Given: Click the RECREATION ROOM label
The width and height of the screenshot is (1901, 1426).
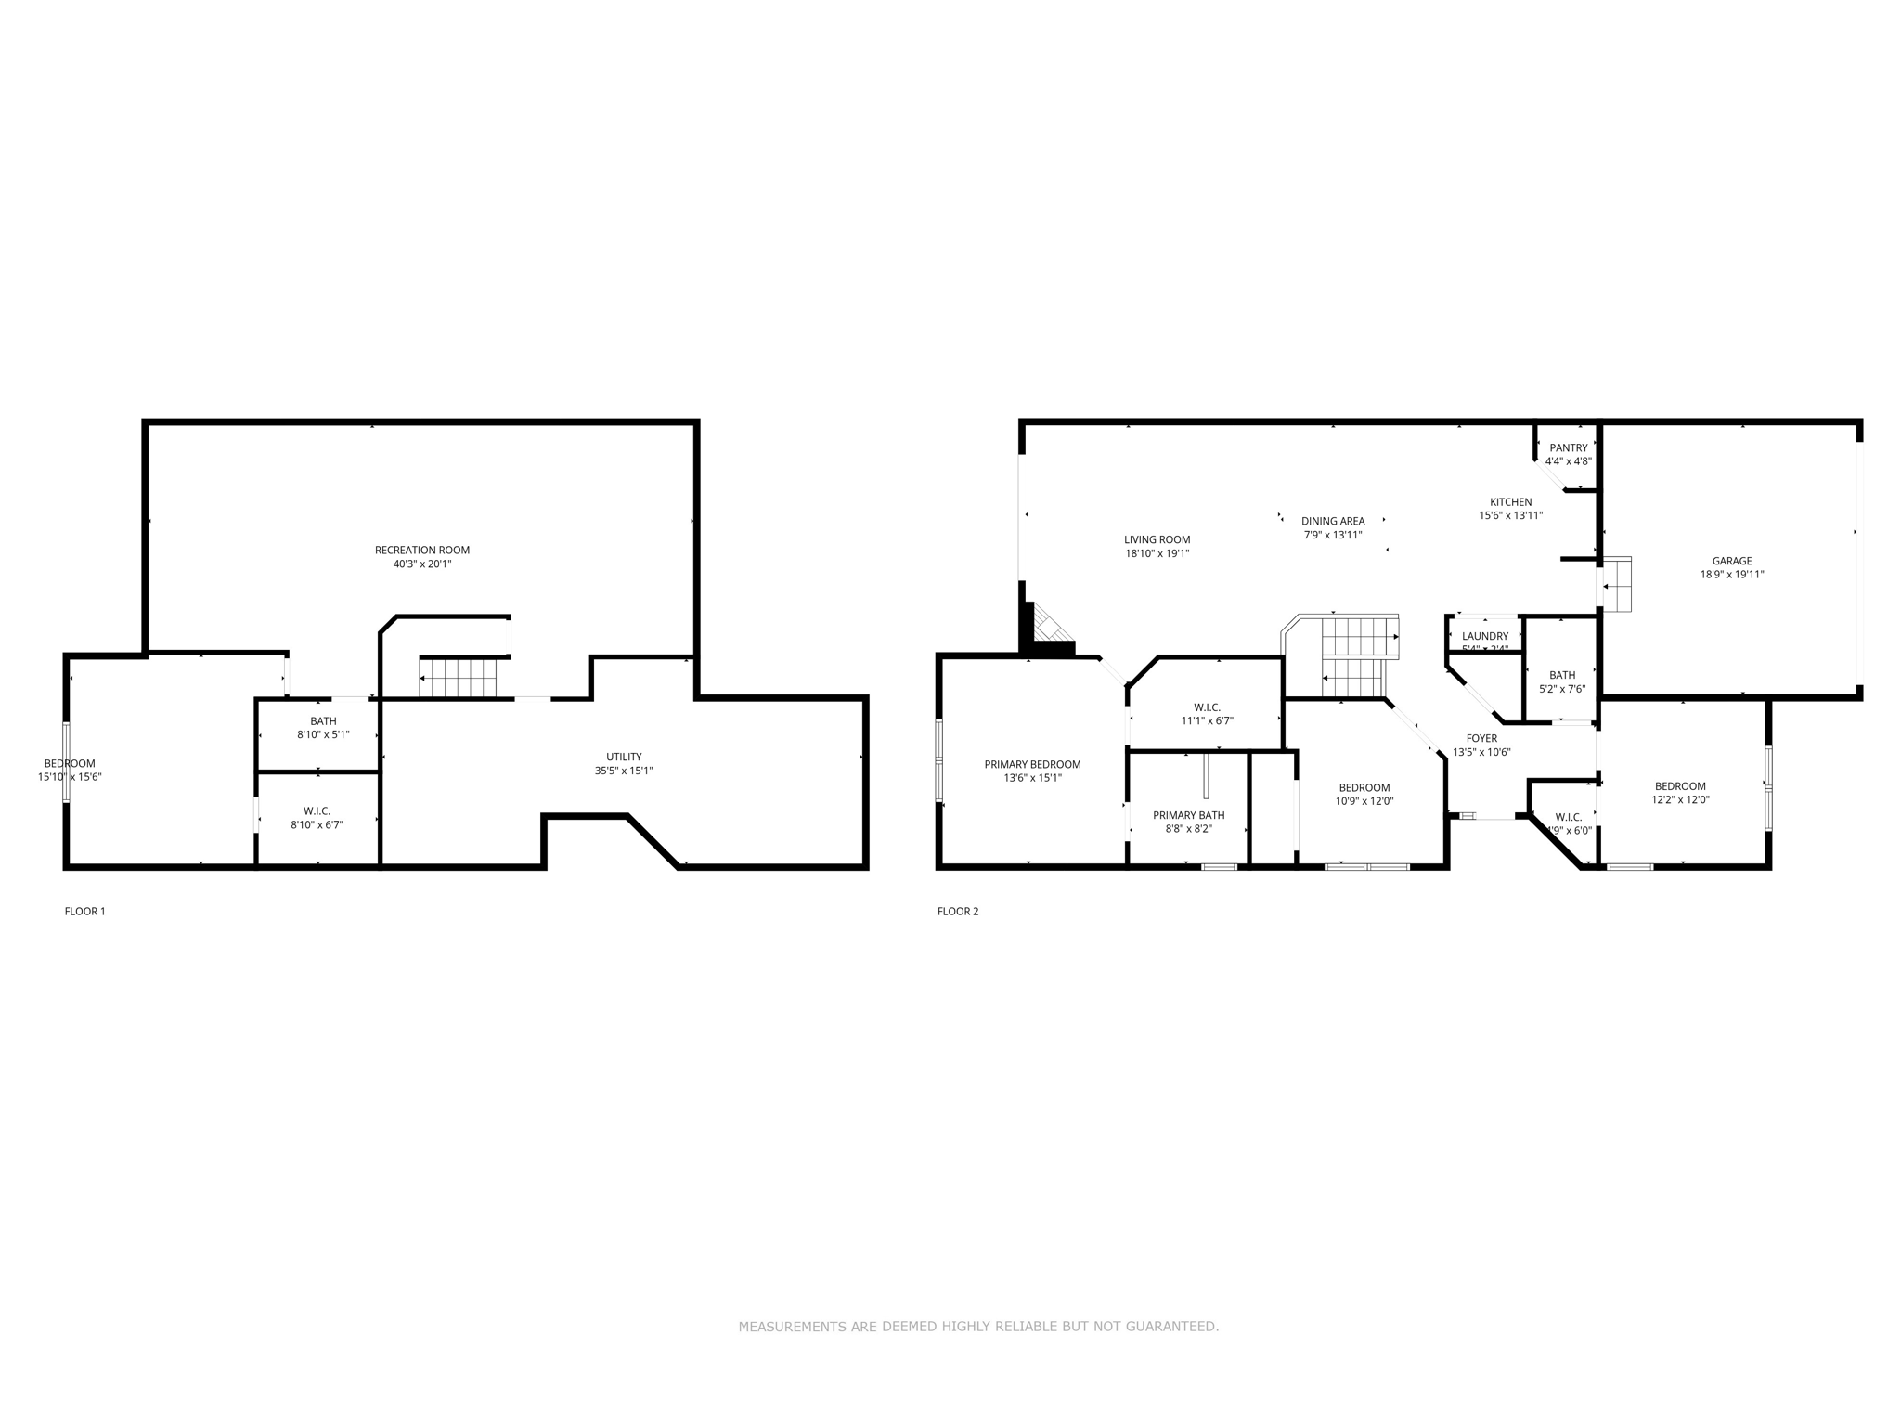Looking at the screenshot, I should pyautogui.click(x=421, y=550).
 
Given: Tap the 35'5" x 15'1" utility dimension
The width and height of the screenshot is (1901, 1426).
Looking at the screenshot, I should pyautogui.click(x=624, y=771).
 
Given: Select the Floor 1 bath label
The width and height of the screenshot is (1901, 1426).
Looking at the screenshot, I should pyautogui.click(x=323, y=721).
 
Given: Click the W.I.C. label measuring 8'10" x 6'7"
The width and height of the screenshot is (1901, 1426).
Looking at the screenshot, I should pyautogui.click(x=317, y=811).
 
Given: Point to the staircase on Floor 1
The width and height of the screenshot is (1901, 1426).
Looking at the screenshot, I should pyautogui.click(x=459, y=678).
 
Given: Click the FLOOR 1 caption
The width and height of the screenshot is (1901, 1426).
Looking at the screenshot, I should pyautogui.click(x=84, y=911).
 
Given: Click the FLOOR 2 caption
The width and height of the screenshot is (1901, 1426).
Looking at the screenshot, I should pyautogui.click(x=958, y=911).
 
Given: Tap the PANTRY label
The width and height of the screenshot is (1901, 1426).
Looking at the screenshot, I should pyautogui.click(x=1568, y=447).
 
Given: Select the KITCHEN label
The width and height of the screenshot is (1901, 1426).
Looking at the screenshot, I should pyautogui.click(x=1510, y=502).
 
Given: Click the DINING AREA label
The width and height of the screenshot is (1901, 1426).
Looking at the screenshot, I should pyautogui.click(x=1332, y=521).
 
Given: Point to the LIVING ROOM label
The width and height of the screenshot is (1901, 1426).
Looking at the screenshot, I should pyautogui.click(x=1157, y=539).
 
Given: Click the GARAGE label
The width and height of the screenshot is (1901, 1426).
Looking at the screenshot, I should pyautogui.click(x=1731, y=561).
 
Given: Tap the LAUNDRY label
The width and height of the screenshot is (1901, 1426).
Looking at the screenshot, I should pyautogui.click(x=1484, y=636).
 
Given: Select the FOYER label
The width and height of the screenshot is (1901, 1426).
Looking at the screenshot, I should pyautogui.click(x=1481, y=739).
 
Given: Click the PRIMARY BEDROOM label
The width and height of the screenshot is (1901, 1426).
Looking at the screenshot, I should pyautogui.click(x=1032, y=765).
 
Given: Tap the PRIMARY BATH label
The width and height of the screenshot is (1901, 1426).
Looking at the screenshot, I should pyautogui.click(x=1188, y=815).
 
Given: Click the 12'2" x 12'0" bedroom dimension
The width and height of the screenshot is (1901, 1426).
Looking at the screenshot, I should pyautogui.click(x=1680, y=799).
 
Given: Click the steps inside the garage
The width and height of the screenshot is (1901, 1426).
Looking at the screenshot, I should pyautogui.click(x=1617, y=585).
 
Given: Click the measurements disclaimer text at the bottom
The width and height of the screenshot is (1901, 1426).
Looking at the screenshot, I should pyautogui.click(x=978, y=1327).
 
